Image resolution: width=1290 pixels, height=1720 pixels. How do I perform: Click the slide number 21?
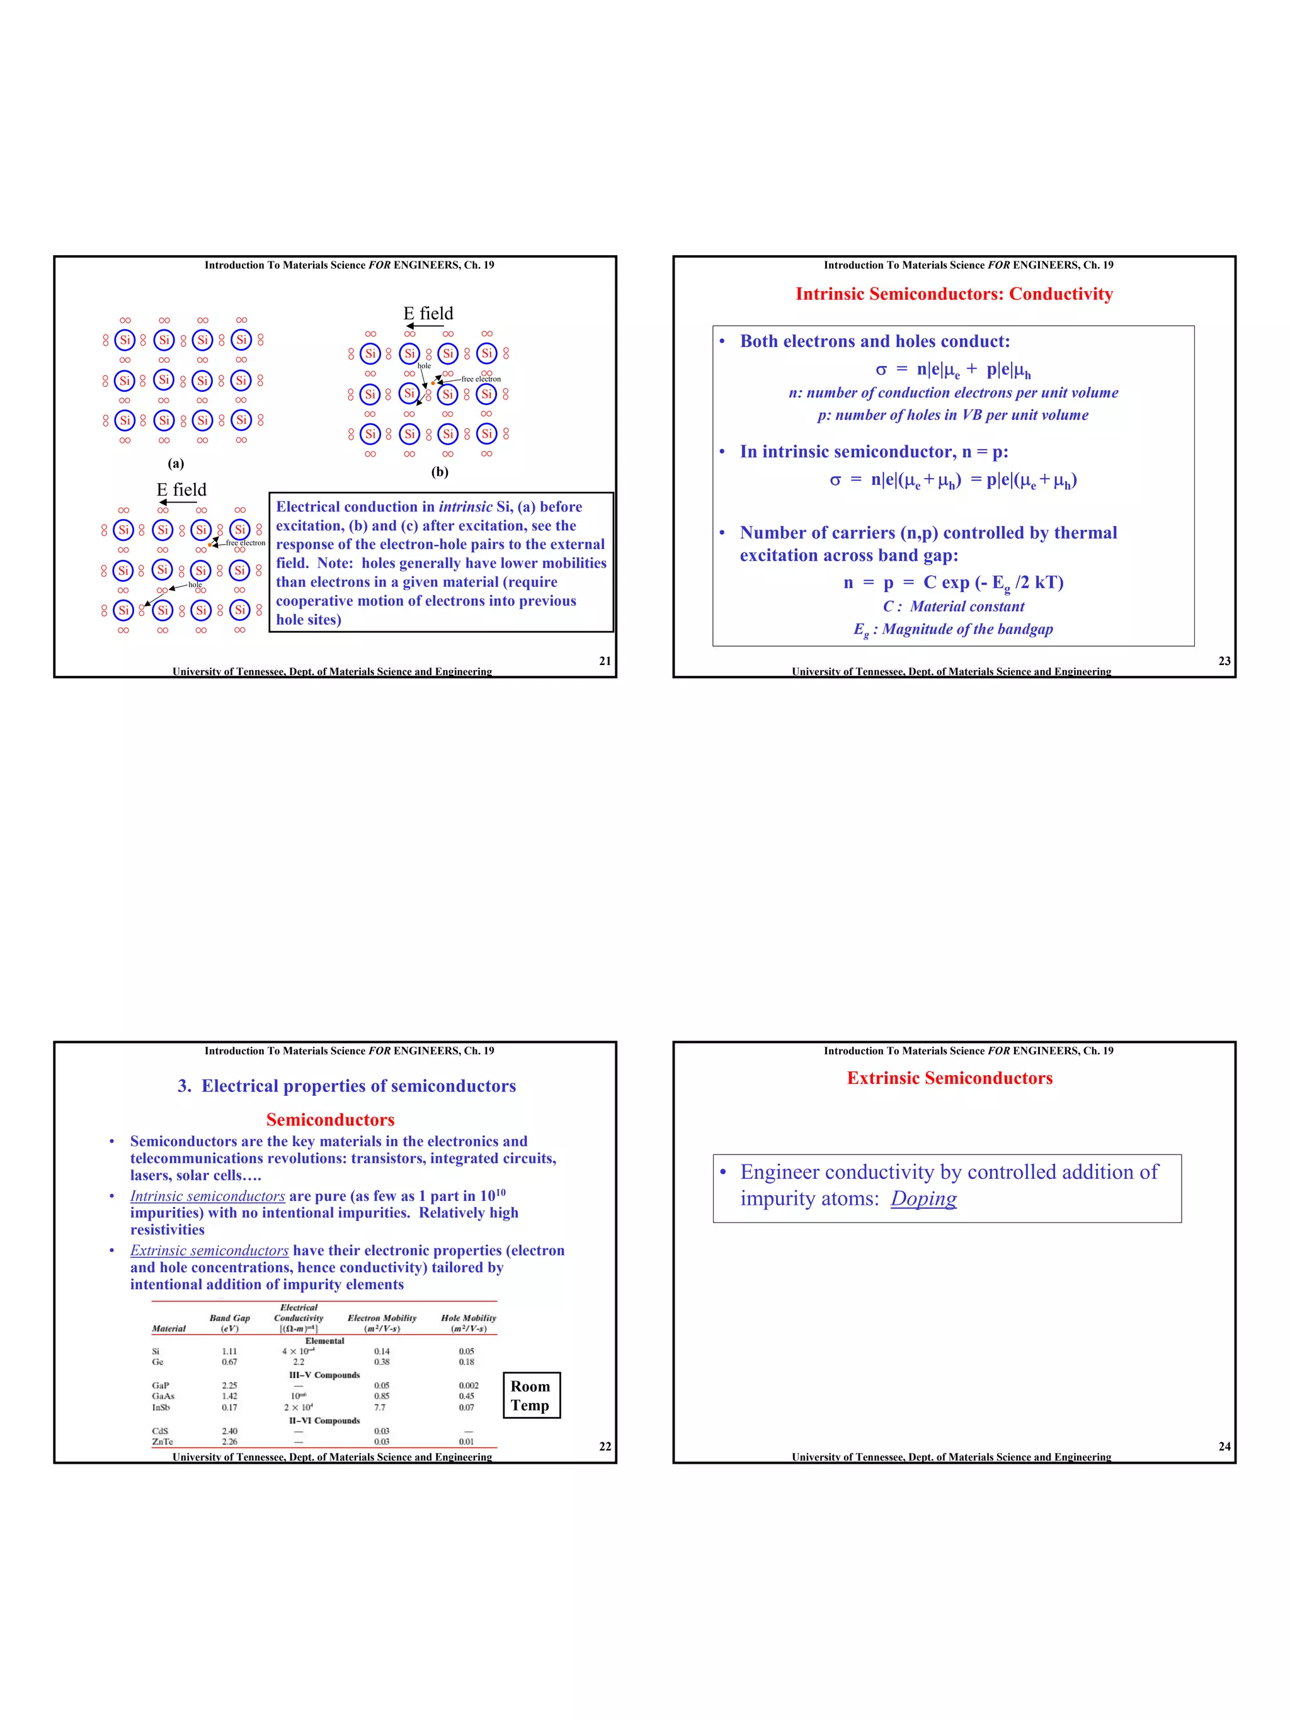[604, 661]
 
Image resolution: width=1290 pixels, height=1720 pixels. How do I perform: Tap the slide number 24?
[1224, 1446]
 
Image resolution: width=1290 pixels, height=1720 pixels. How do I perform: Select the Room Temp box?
[531, 1395]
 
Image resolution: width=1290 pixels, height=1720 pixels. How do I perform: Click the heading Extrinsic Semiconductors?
[949, 1078]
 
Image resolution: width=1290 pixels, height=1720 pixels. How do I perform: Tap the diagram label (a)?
[176, 464]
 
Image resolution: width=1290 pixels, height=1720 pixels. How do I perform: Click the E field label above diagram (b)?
[428, 314]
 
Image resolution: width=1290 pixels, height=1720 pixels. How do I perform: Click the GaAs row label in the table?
[163, 1396]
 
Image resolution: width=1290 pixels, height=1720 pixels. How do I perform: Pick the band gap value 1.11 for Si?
[229, 1352]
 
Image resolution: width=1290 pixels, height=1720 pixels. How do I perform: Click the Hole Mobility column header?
[468, 1323]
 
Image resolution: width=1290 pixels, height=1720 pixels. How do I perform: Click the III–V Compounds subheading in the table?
[324, 1375]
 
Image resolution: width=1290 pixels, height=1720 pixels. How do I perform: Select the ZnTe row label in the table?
[162, 1442]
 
